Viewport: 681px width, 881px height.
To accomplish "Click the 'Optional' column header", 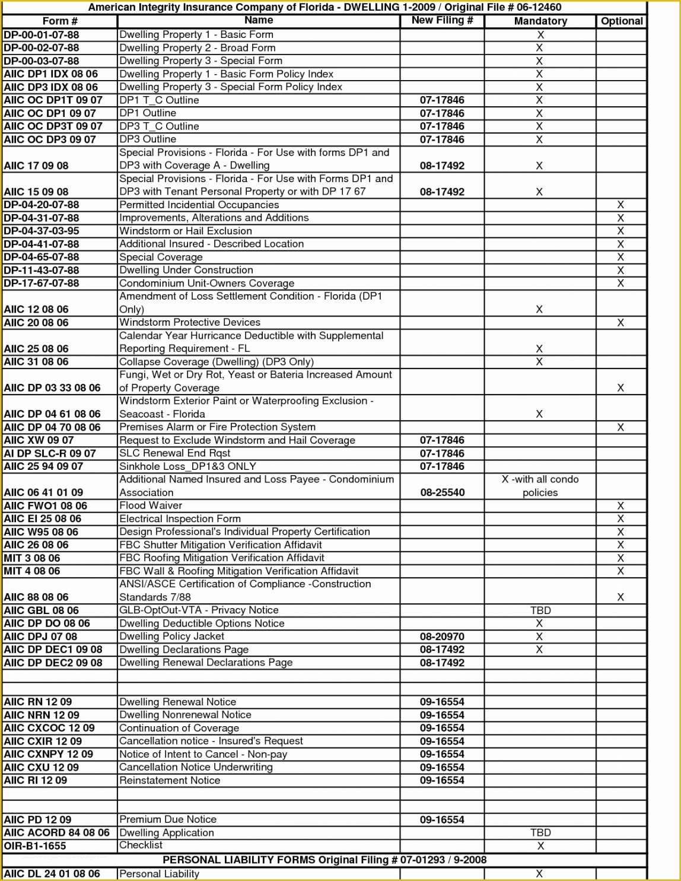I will click(621, 21).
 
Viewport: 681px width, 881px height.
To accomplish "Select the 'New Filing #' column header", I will click(442, 20).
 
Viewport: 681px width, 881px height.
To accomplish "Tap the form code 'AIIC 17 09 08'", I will click(36, 166).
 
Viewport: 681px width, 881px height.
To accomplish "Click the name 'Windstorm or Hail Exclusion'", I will click(185, 231).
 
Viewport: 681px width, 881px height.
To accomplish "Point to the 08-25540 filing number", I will click(442, 492).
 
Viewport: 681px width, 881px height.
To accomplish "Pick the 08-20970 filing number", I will click(442, 637).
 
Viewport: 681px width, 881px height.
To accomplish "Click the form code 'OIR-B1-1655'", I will click(35, 846).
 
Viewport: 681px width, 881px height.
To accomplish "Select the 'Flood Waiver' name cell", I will click(151, 505).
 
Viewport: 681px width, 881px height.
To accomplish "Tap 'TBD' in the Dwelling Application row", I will click(540, 833).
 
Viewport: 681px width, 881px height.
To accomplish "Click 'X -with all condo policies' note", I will click(540, 486).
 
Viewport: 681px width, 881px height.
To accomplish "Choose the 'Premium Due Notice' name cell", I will click(168, 819).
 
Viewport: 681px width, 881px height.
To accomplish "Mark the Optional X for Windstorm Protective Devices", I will click(620, 323).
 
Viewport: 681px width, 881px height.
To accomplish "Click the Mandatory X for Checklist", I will click(540, 846).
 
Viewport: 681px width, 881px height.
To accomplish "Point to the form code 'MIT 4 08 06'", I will click(32, 571).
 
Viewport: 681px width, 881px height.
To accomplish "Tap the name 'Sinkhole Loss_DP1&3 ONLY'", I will click(187, 466).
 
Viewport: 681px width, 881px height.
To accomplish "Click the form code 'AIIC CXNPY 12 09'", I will click(49, 754).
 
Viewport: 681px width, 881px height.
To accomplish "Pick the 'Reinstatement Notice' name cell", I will click(170, 781).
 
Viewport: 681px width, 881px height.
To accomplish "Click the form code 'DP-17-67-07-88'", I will click(42, 284).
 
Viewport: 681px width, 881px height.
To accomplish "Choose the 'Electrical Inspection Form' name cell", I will click(180, 519).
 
